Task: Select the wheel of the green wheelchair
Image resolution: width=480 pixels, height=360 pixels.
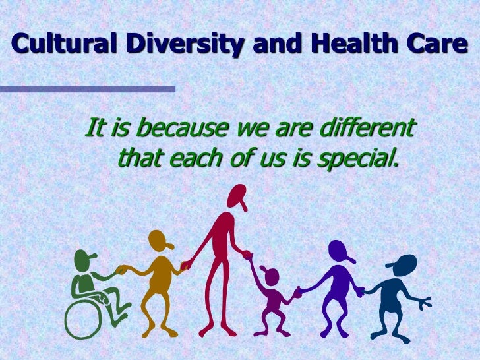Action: [x=83, y=320]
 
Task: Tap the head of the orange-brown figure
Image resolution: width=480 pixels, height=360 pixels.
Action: [x=160, y=241]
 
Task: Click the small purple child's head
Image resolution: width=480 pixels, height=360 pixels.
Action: [x=271, y=274]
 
